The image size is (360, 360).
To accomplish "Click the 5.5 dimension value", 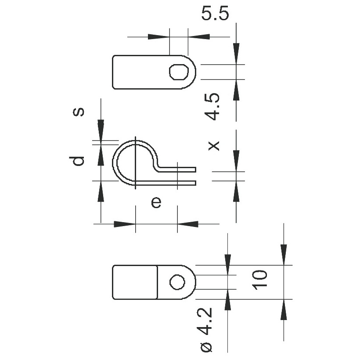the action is tap(215, 14).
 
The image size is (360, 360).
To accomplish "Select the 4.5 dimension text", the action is tap(212, 107).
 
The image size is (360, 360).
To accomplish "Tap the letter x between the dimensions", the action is tap(214, 146).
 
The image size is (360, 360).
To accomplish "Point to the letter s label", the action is tap(79, 112).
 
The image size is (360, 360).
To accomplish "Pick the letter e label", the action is tap(156, 202).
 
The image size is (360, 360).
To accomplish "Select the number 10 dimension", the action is tap(259, 280).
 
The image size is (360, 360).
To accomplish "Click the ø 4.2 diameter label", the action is tap(206, 330).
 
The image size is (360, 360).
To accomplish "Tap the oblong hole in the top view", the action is tap(179, 72).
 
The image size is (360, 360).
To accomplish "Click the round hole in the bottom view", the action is tap(177, 282).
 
